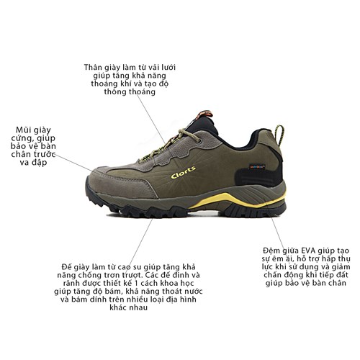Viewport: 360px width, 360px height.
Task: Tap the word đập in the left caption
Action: coord(45,163)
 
